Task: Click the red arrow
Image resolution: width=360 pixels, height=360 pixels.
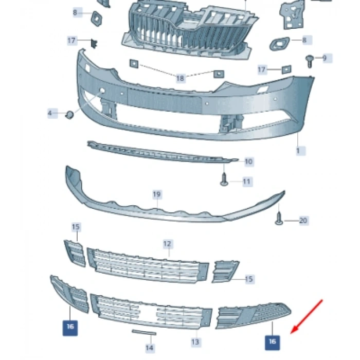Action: pos(307,317)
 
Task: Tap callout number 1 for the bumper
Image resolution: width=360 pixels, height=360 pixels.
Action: pos(298,151)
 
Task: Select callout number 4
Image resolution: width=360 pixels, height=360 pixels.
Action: pos(50,113)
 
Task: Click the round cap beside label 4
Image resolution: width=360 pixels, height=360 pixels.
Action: pos(69,115)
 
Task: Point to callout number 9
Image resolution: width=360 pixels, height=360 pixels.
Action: pos(325,58)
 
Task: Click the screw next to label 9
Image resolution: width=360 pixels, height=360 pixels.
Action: pos(310,61)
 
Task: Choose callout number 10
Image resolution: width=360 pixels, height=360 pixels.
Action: pos(248,161)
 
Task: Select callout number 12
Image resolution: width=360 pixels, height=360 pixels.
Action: pos(167,244)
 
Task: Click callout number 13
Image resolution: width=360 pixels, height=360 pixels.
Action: pos(195,342)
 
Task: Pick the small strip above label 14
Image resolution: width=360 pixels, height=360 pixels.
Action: pos(144,332)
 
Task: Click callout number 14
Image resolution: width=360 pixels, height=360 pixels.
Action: pos(150,348)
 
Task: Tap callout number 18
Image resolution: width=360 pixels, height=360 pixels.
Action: pos(180,78)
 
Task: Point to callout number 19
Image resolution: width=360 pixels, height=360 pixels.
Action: pos(157,194)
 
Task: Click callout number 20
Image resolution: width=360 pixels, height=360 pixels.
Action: pos(303,221)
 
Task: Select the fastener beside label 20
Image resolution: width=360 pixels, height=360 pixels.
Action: pos(279,218)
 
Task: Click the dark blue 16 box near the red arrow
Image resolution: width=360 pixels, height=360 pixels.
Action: pos(272,343)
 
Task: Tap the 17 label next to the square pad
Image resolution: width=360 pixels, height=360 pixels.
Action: pos(262,69)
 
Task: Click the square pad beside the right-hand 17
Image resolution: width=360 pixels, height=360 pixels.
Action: pos(286,69)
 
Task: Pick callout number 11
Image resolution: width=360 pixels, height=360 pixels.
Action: pos(246,182)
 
